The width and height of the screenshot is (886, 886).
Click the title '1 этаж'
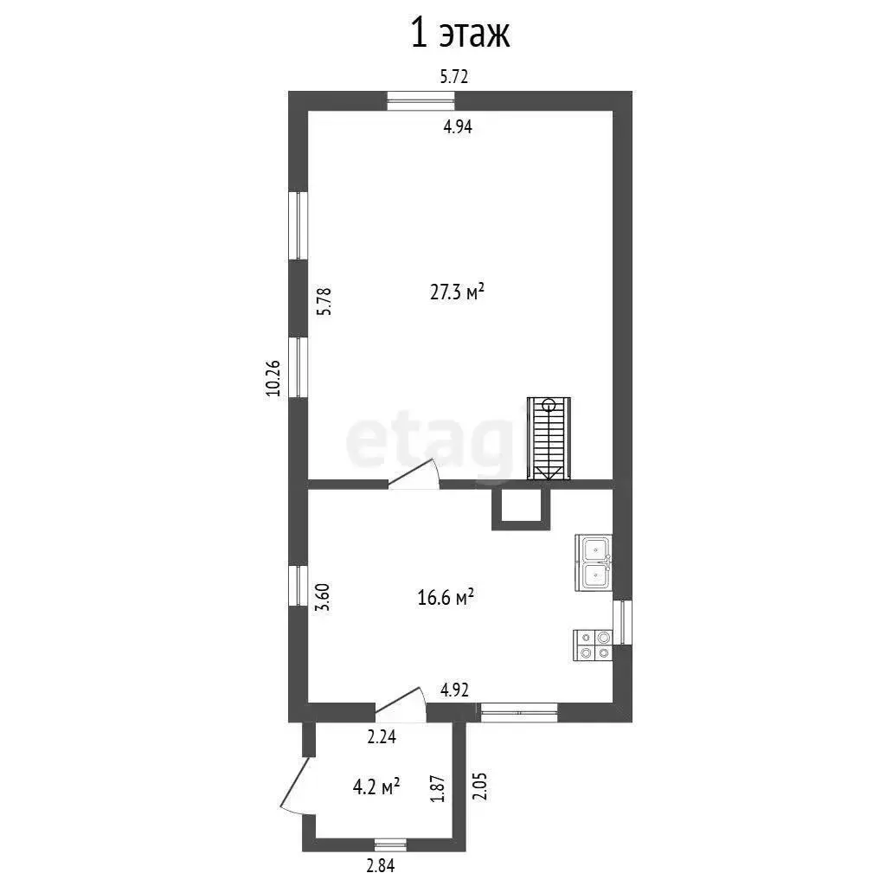[x=460, y=34]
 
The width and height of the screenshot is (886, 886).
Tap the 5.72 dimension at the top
[x=454, y=76]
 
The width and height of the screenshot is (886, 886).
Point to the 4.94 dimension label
[x=457, y=126]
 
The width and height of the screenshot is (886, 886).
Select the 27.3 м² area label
[x=457, y=292]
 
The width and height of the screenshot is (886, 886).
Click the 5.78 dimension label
[x=324, y=301]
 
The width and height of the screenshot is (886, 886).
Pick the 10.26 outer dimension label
[x=273, y=378]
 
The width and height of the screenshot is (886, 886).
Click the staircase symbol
[x=549, y=439]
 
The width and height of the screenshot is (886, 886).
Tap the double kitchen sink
[x=594, y=562]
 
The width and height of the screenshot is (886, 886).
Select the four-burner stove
[x=594, y=645]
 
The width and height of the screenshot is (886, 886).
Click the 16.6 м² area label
[x=446, y=597]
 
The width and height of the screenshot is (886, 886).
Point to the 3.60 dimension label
[x=324, y=597]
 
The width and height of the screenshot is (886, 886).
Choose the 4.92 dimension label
[x=455, y=690]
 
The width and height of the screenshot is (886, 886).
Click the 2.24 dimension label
[x=382, y=737]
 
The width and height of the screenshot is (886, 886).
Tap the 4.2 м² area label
[x=377, y=786]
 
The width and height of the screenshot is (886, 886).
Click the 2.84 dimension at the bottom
[x=381, y=865]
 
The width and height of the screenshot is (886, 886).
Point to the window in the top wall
[x=421, y=100]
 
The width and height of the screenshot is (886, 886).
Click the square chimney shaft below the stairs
[x=520, y=510]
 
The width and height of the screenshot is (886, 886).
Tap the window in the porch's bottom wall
[x=390, y=844]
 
